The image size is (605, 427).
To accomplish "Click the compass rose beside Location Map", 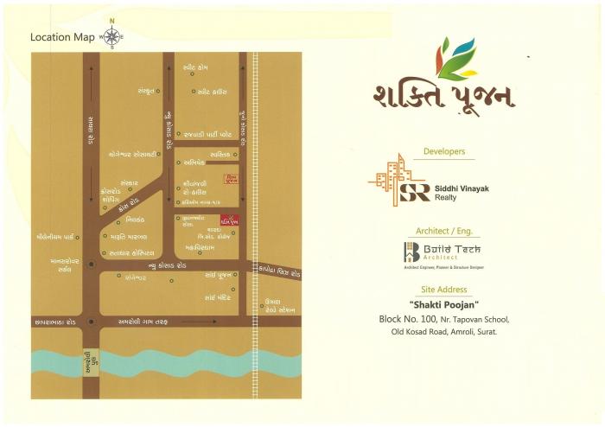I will [x=111, y=36].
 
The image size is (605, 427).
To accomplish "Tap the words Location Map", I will [x=62, y=37].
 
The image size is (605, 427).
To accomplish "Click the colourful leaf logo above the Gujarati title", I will [x=456, y=58].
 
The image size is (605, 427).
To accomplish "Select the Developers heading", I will [x=444, y=152].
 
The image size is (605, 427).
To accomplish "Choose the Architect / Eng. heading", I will [x=443, y=232].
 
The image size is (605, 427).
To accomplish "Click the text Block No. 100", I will [x=407, y=319].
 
